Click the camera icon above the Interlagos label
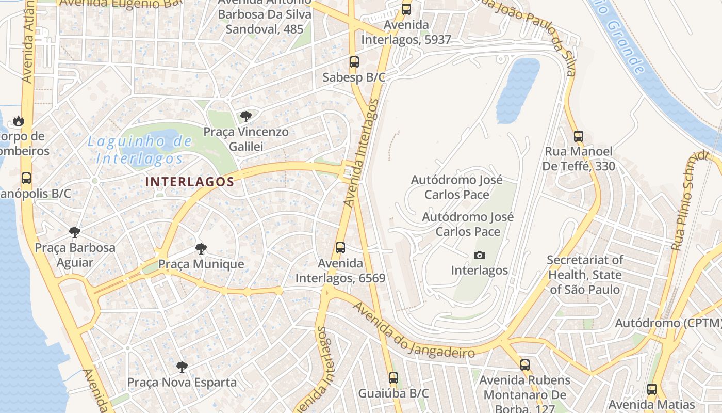point(479,255)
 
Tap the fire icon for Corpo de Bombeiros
point(19,121)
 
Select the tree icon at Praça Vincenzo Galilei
point(246,117)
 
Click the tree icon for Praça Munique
point(201,249)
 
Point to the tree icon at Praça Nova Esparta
point(182,367)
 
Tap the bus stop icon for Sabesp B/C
point(354,62)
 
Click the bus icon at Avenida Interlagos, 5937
point(406,9)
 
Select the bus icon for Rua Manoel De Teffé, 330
point(579,136)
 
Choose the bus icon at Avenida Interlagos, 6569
point(340,248)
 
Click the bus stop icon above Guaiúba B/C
point(393,378)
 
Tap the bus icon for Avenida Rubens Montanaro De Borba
point(525,365)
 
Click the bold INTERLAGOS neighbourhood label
point(190,182)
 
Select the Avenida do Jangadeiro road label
point(414,330)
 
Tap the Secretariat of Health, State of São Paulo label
point(584,275)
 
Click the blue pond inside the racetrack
point(517,90)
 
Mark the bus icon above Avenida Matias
point(652,389)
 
